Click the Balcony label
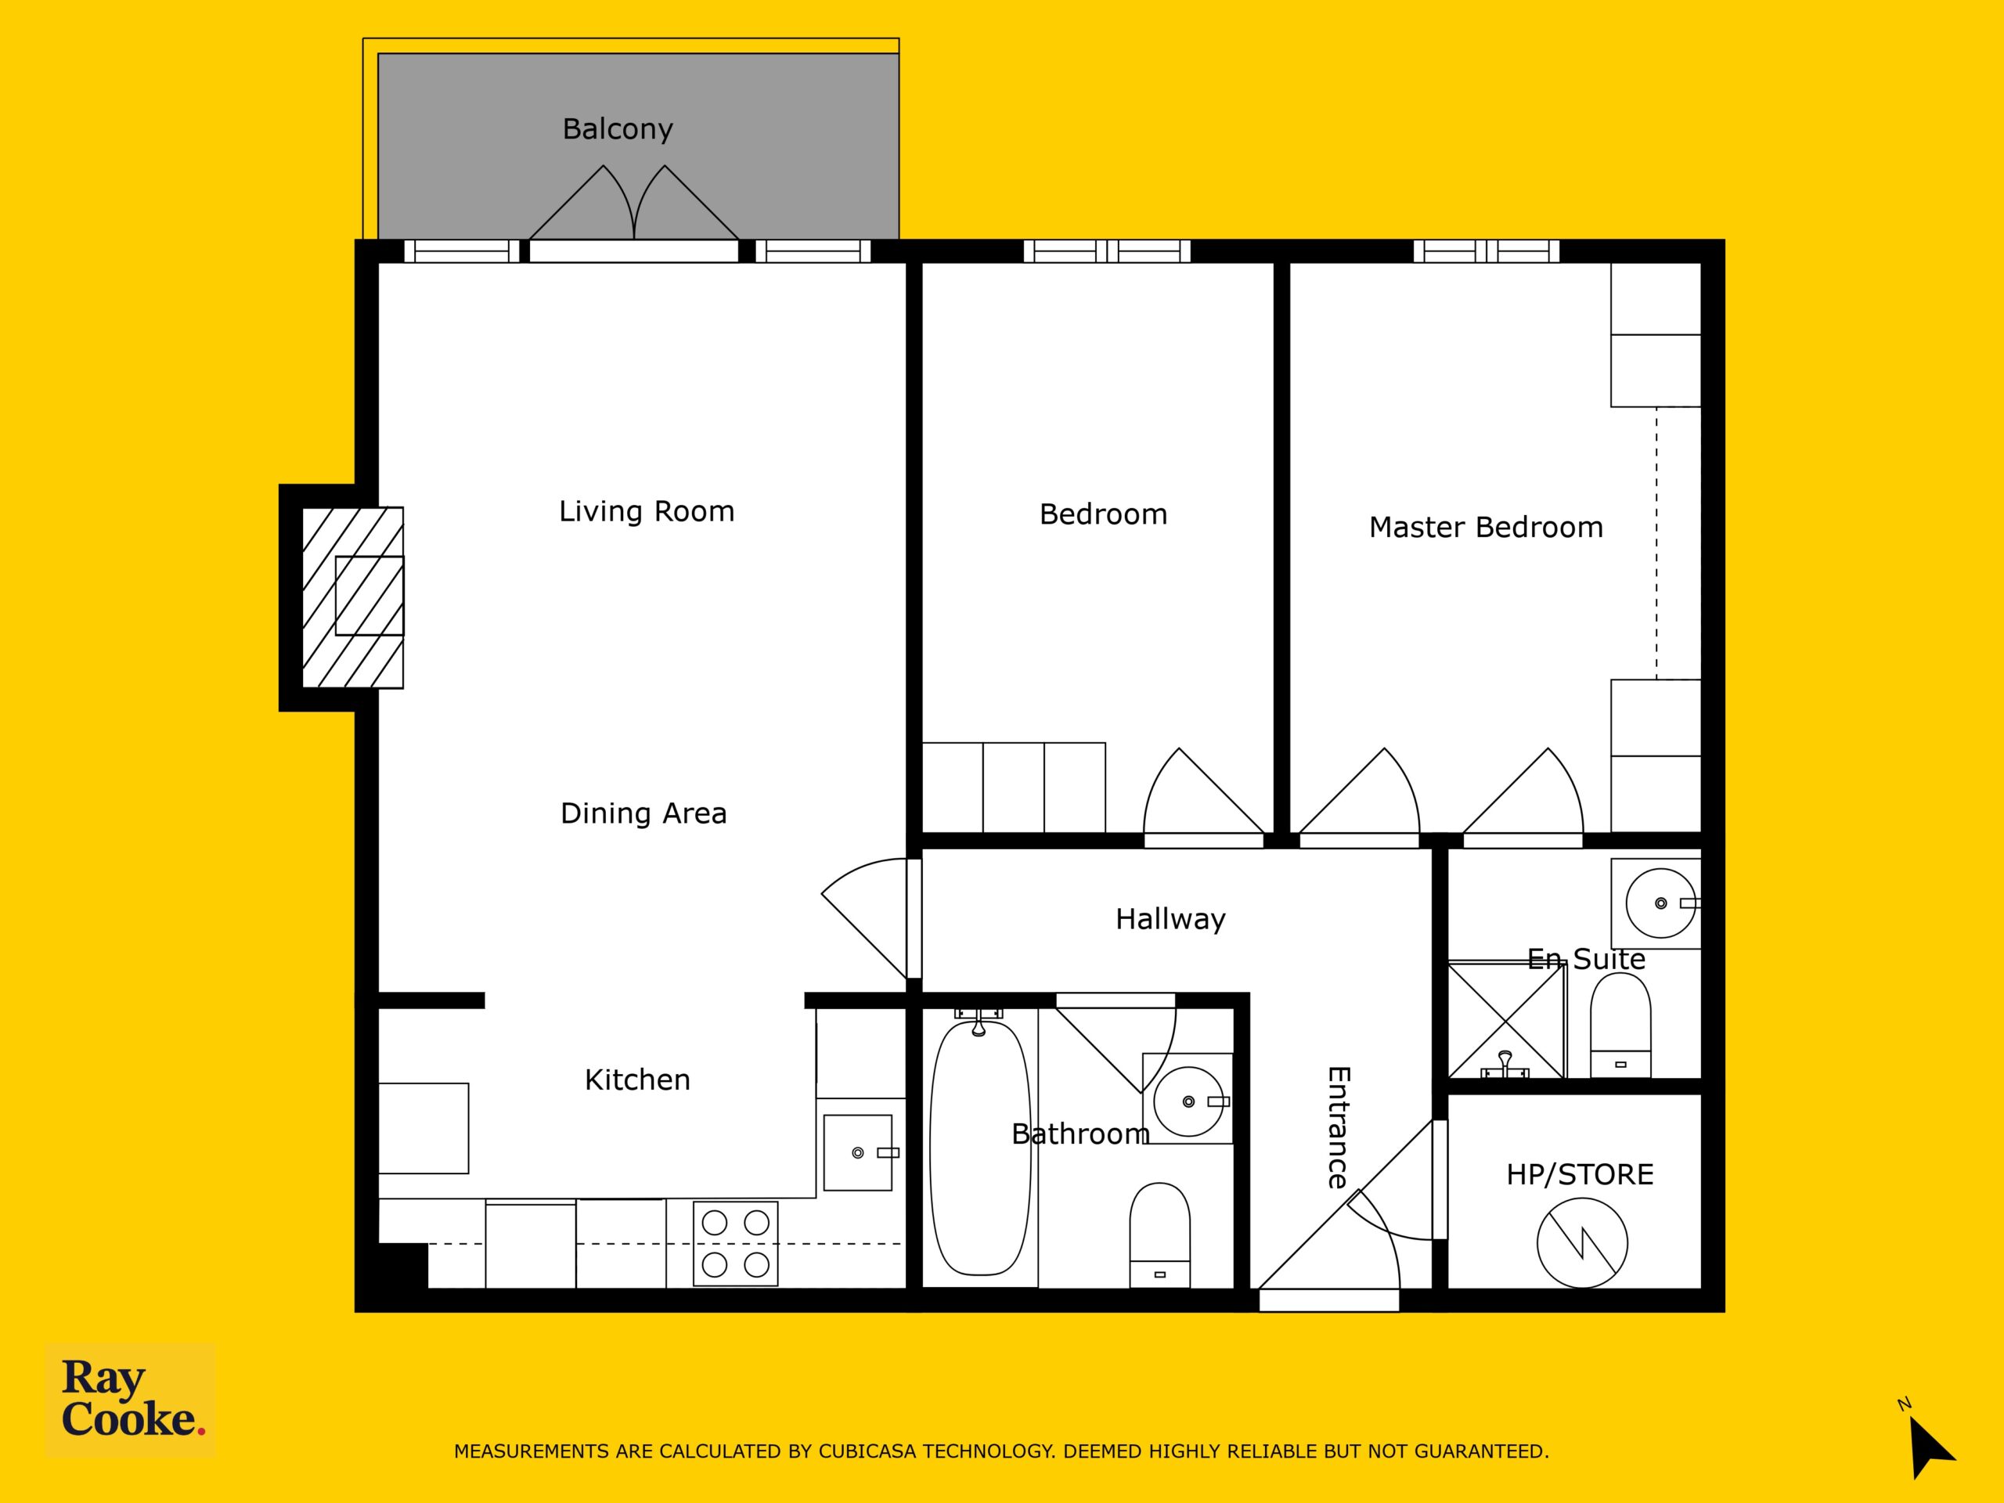pos(618,129)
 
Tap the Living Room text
pos(646,512)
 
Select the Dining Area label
pos(643,813)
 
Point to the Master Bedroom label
pos(1486,528)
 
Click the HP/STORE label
pos(1580,1175)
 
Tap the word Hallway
pos(1170,920)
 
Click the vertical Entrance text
pos(1338,1127)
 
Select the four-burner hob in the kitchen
pos(736,1243)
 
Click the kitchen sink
pos(858,1152)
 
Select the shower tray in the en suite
pos(1507,1020)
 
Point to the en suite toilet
pos(1620,1025)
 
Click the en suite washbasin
pos(1659,903)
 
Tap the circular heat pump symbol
pos(1582,1242)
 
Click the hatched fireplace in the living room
pos(352,597)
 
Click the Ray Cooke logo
pos(131,1400)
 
